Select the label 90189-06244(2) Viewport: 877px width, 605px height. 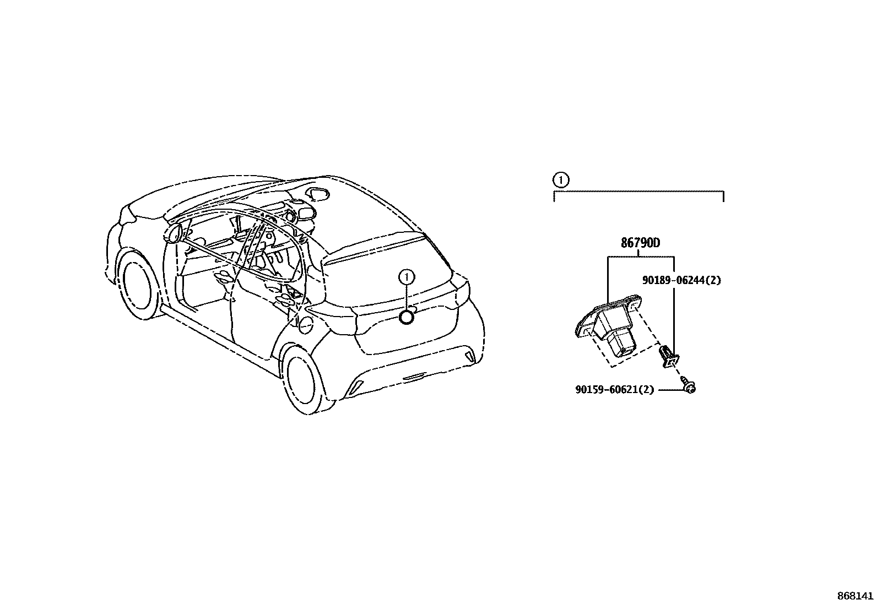(x=681, y=280)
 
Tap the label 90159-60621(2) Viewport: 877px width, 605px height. (x=614, y=390)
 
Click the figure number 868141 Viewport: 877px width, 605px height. (x=856, y=596)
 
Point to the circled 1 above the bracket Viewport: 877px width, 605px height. (x=560, y=179)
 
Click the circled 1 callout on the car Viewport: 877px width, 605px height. (x=407, y=277)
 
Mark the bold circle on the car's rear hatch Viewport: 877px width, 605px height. (x=407, y=317)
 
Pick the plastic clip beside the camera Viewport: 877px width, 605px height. (x=669, y=356)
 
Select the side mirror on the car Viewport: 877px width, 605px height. (x=174, y=234)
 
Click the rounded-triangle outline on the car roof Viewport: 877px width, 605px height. (x=319, y=193)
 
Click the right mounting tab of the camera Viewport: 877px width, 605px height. (x=636, y=302)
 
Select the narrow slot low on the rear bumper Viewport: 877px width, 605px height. (x=414, y=377)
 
